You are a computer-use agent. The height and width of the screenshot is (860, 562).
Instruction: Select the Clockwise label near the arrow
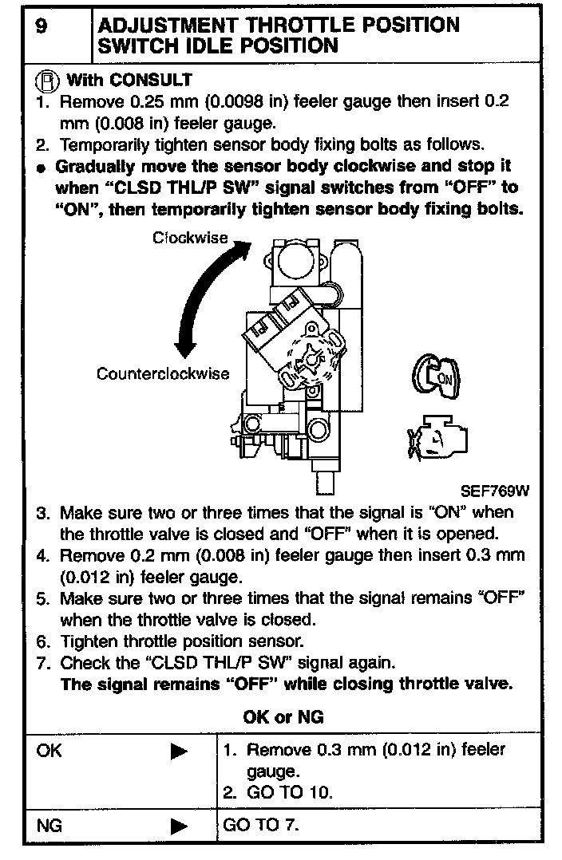[191, 238]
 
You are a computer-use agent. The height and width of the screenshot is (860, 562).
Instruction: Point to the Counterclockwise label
[163, 373]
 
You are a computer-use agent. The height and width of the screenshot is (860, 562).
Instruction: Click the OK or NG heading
[283, 717]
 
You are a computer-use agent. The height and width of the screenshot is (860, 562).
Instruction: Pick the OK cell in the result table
[49, 751]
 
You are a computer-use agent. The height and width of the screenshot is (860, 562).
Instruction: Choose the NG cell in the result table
[49, 826]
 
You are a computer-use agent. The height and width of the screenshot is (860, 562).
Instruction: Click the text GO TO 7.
[261, 826]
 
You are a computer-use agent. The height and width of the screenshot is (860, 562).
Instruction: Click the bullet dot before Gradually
[41, 168]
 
